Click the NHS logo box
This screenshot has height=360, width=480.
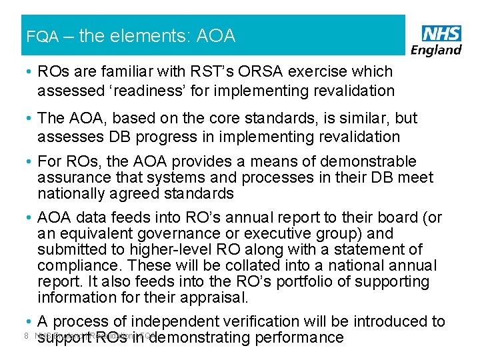(441, 33)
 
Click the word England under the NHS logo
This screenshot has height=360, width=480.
(437, 49)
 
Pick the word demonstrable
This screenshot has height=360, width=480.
(378, 162)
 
